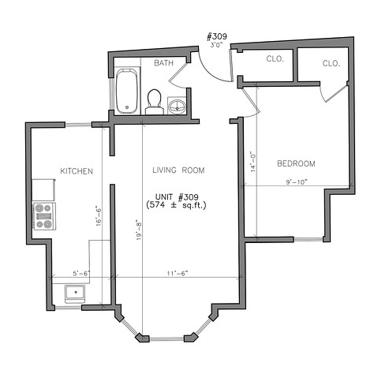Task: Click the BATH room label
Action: pyautogui.click(x=163, y=63)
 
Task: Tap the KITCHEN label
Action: pyautogui.click(x=77, y=171)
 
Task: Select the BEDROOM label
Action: pyautogui.click(x=296, y=163)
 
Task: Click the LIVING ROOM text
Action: pyautogui.click(x=178, y=170)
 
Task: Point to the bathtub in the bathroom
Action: pyautogui.click(x=127, y=91)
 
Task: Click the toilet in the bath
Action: pyautogui.click(x=154, y=102)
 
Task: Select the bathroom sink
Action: pyautogui.click(x=177, y=106)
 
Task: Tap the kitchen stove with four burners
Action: pyautogui.click(x=44, y=216)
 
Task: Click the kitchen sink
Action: pyautogui.click(x=75, y=293)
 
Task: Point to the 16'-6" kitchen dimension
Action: pyautogui.click(x=99, y=216)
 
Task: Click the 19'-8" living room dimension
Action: pyautogui.click(x=139, y=230)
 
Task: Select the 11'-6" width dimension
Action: pyautogui.click(x=178, y=274)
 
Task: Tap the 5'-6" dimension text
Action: pyautogui.click(x=81, y=274)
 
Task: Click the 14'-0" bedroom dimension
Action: pyautogui.click(x=253, y=162)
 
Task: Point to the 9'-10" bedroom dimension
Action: pyautogui.click(x=297, y=182)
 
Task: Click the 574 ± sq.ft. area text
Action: pyautogui.click(x=176, y=205)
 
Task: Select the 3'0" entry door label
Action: pyautogui.click(x=216, y=45)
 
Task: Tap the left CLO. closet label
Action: pyautogui.click(x=275, y=58)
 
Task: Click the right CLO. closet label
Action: pyautogui.click(x=331, y=63)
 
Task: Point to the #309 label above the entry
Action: pyautogui.click(x=217, y=36)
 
